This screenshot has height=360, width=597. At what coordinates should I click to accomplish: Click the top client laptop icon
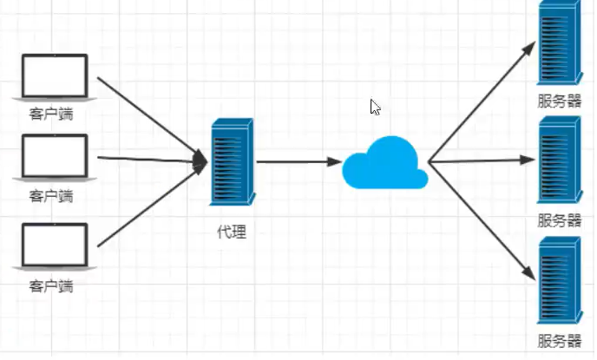click(55, 77)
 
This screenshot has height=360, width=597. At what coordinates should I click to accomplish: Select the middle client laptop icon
click(55, 157)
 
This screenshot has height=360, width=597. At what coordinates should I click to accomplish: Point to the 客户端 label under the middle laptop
click(51, 195)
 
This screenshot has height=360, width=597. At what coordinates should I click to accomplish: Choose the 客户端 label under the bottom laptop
click(51, 285)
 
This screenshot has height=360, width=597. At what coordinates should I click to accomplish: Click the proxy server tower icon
click(231, 162)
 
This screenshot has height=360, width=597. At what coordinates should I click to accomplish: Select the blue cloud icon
click(384, 163)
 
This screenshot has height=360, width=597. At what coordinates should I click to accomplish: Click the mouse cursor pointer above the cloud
click(375, 107)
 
